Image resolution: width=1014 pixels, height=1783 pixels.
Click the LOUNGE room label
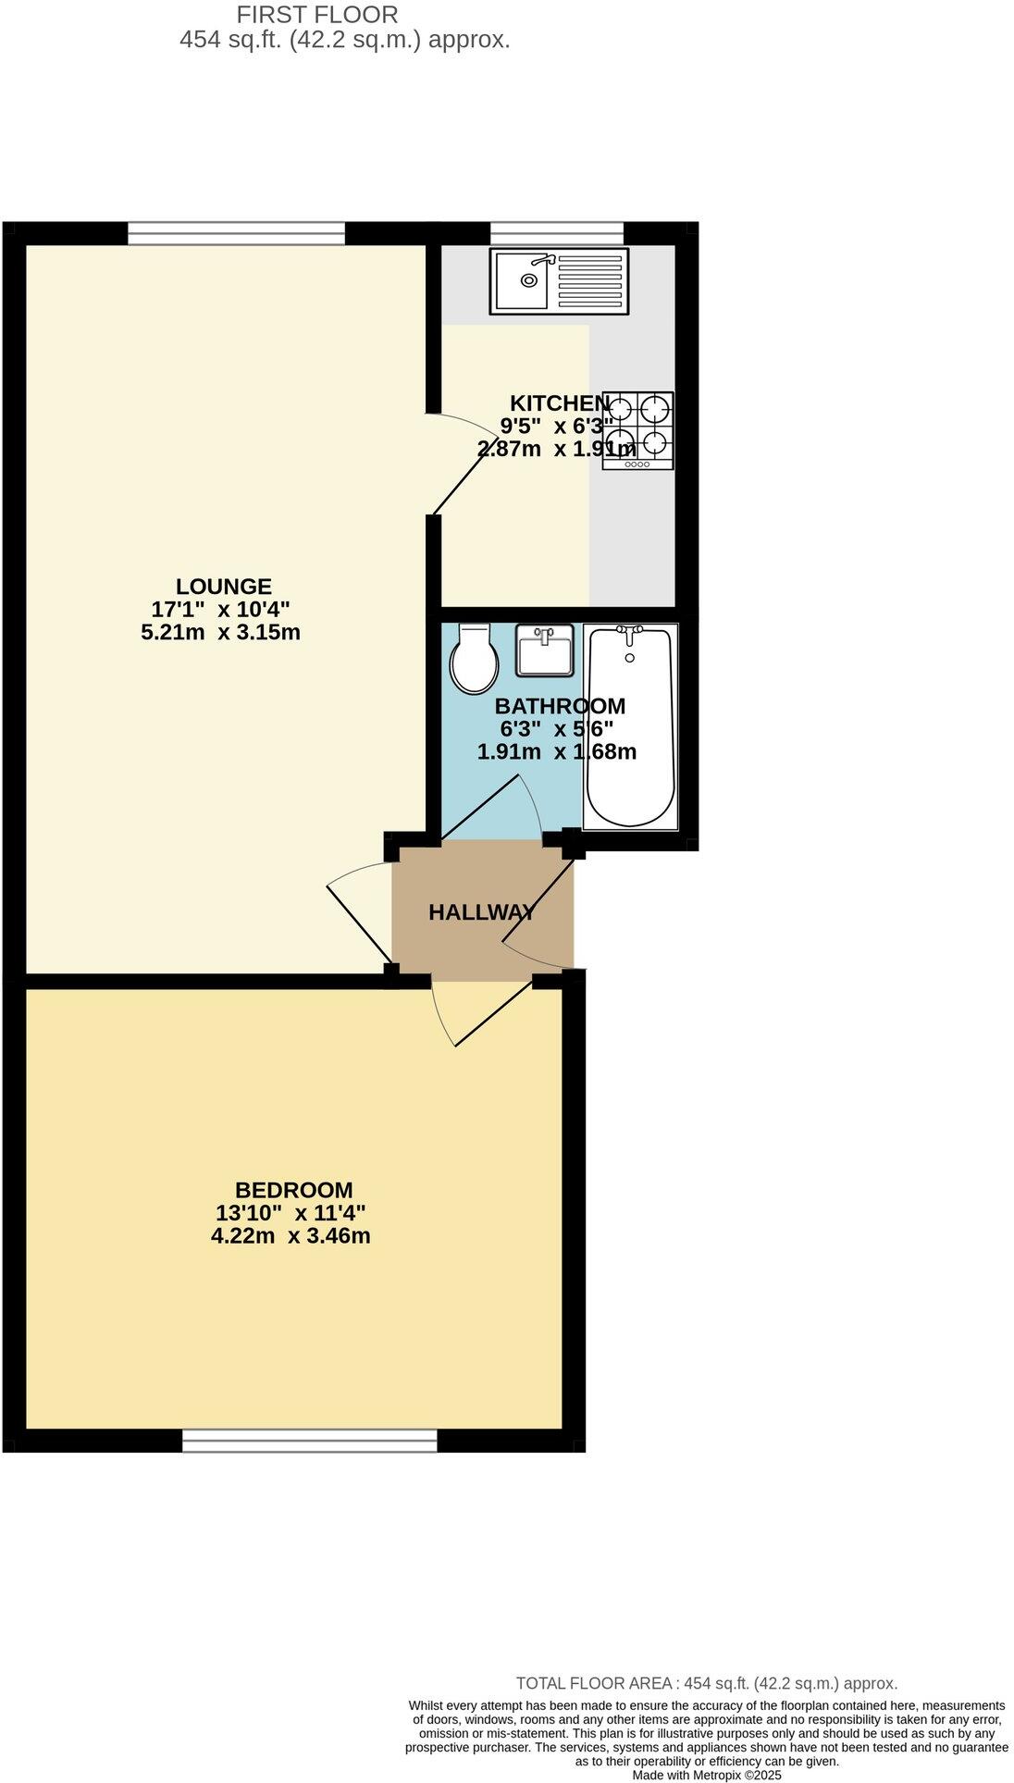click(224, 587)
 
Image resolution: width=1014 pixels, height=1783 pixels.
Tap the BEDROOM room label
click(293, 1190)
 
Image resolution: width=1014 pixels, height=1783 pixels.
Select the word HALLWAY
click(481, 912)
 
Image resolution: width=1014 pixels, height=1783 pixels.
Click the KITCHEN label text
click(559, 403)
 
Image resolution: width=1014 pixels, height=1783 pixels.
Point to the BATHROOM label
click(560, 706)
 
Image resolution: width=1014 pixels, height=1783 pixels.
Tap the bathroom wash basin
click(545, 650)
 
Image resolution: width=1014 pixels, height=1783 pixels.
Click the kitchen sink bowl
click(524, 279)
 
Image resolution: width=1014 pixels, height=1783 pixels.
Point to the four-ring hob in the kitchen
click(638, 429)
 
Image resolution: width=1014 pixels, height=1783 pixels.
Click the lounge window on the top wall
click(236, 233)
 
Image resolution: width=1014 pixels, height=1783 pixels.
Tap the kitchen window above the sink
click(557, 233)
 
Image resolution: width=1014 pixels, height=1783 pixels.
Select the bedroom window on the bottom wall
click(309, 1441)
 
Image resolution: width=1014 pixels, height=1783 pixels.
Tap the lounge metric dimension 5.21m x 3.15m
click(220, 633)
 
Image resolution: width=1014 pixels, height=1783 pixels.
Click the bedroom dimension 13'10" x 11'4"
click(291, 1213)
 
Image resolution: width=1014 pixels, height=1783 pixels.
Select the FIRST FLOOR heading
click(317, 15)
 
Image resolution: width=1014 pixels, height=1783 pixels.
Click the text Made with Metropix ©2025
click(707, 1775)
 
